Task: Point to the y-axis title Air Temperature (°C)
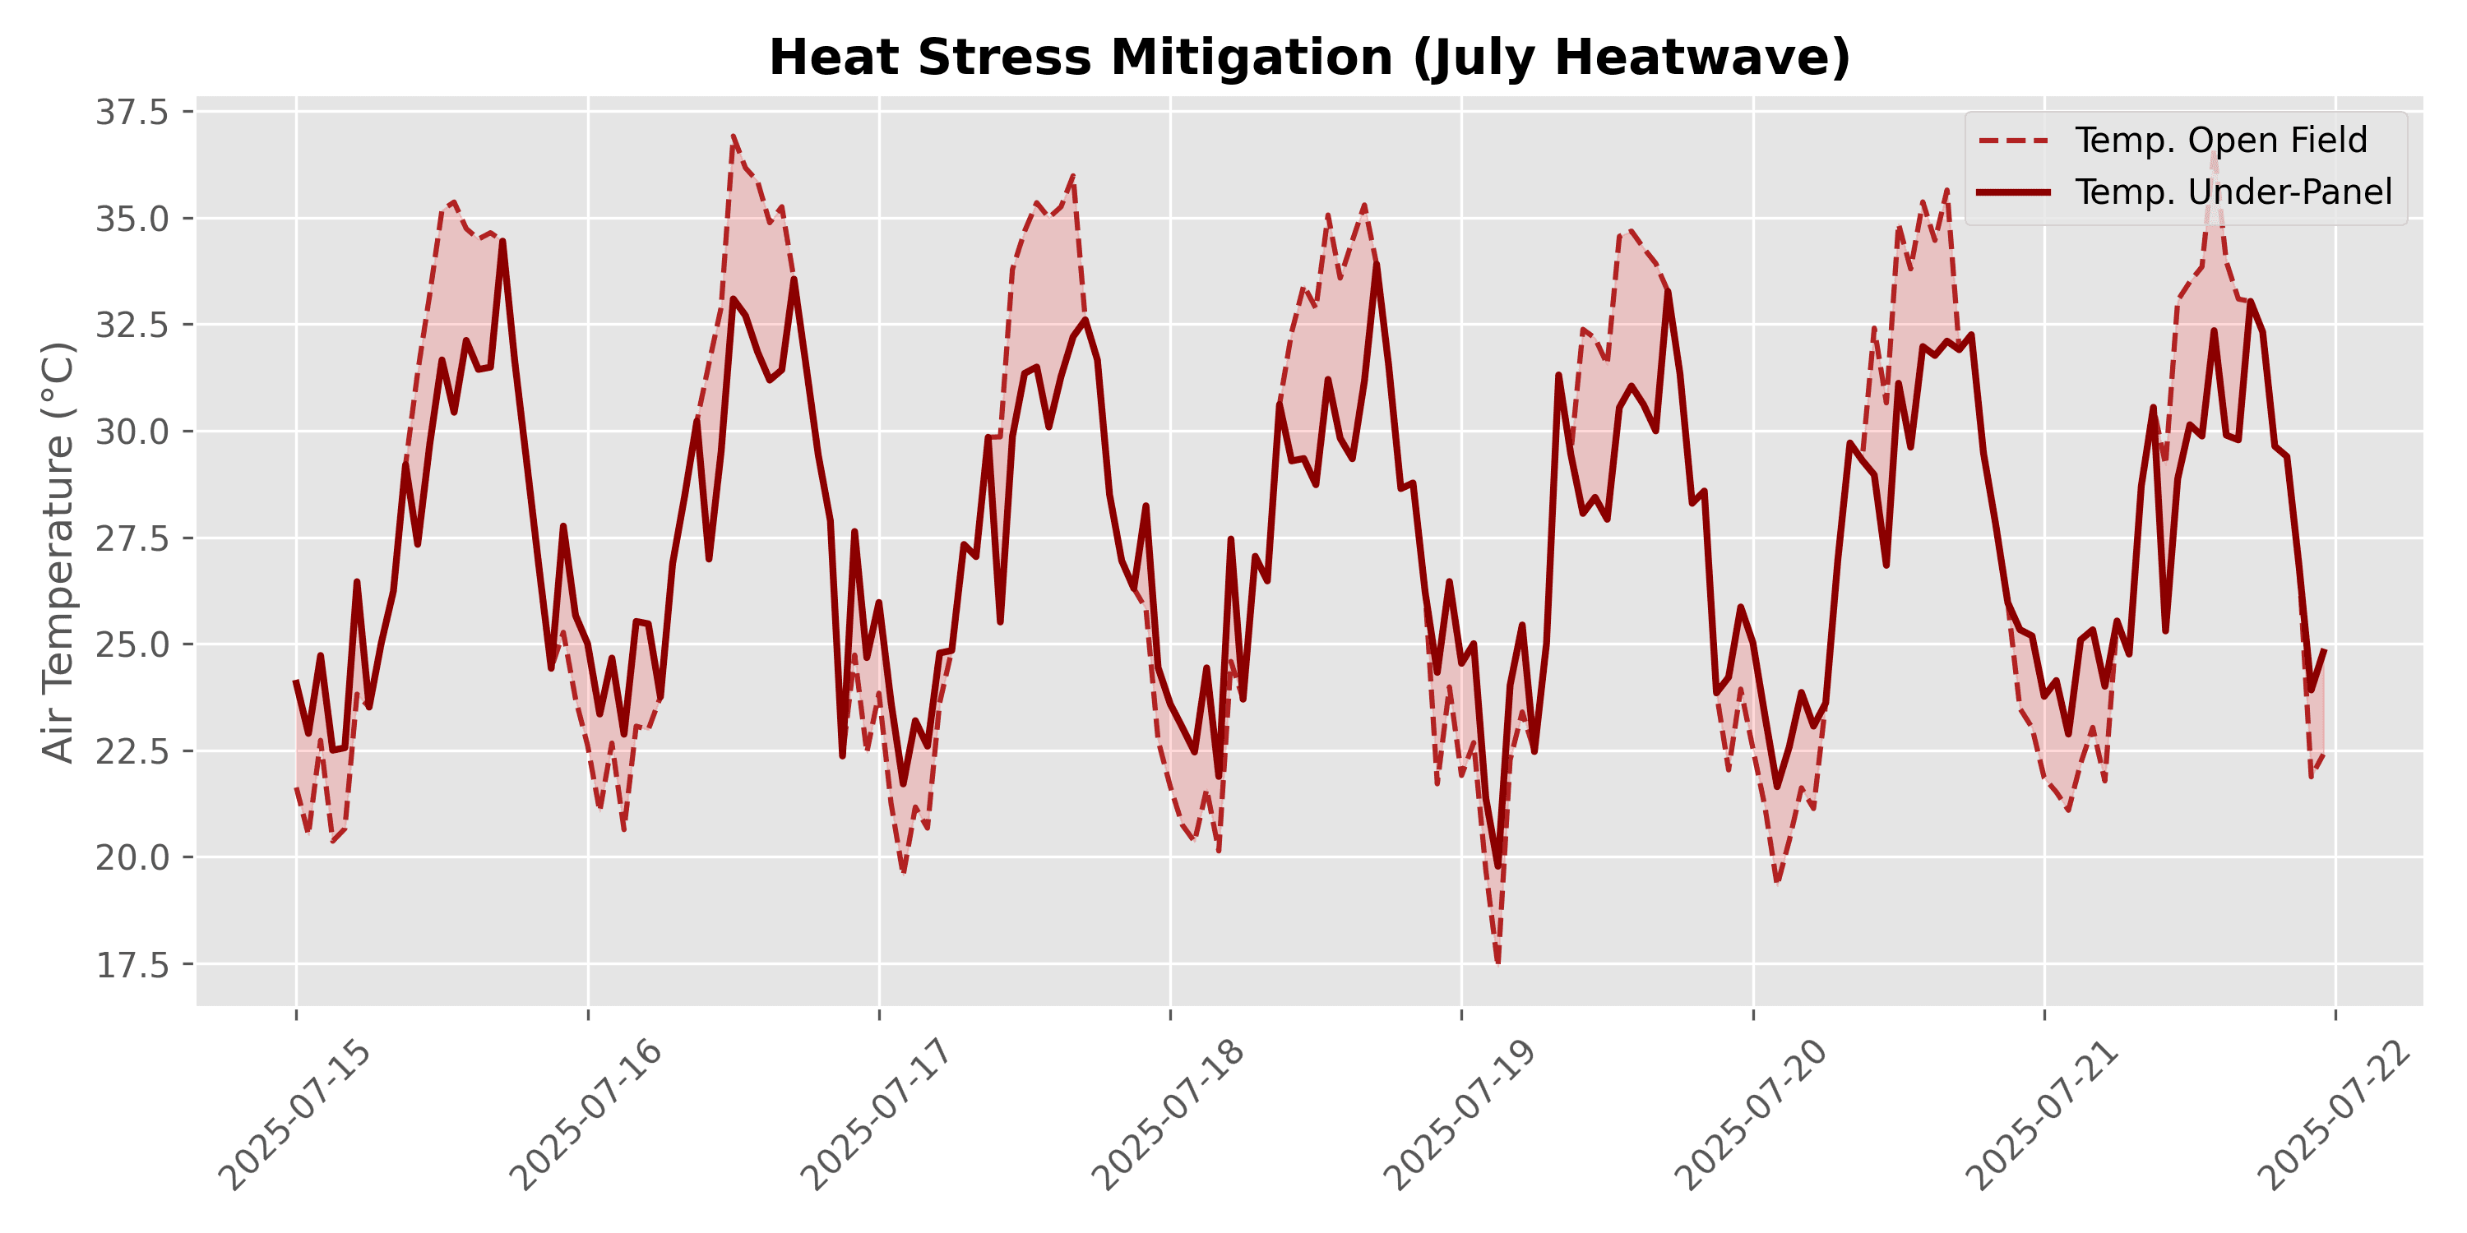[59, 552]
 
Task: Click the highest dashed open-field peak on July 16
[734, 137]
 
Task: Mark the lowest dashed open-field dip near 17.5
[1497, 964]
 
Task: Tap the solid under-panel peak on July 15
[502, 241]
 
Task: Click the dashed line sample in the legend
[2014, 141]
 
